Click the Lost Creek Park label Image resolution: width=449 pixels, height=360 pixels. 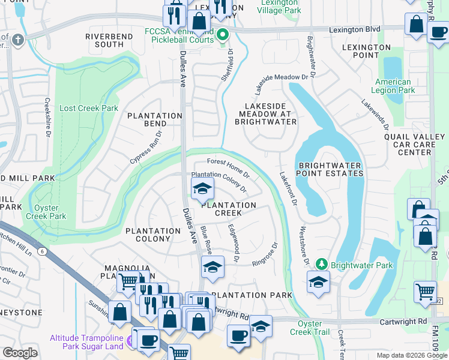pos(89,109)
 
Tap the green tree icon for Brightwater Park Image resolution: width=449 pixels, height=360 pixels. pos(322,265)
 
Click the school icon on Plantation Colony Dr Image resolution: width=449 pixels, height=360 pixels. pos(202,190)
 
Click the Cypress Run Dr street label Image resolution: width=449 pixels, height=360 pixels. pos(146,148)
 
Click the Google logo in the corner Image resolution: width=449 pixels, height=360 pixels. pos(20,352)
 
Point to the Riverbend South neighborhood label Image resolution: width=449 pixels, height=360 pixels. pos(104,40)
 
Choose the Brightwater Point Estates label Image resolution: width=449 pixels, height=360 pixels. pos(330,169)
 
